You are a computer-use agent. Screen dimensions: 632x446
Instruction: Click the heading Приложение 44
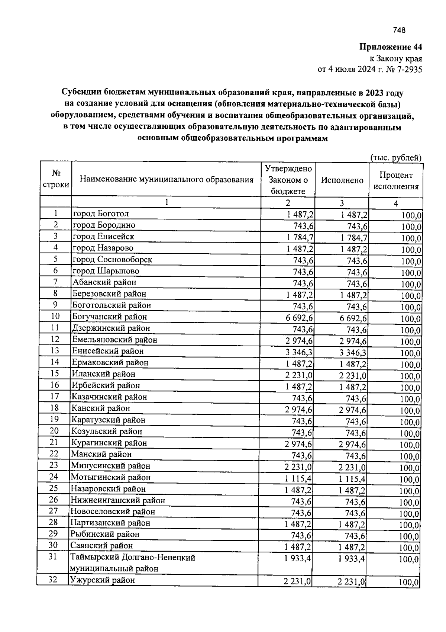(390, 47)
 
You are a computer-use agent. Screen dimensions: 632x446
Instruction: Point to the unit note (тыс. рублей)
(395, 158)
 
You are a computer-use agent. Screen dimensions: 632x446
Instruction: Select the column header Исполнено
(342, 180)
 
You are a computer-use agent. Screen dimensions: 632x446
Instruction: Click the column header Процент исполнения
(396, 181)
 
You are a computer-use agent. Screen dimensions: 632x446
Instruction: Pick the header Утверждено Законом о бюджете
(288, 180)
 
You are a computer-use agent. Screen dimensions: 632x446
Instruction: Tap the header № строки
(56, 179)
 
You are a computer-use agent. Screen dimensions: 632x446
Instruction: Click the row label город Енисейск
(103, 237)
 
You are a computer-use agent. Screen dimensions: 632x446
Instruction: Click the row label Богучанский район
(110, 317)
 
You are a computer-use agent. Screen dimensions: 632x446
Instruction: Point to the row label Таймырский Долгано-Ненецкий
(133, 558)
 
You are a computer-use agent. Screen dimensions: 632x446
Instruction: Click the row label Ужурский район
(103, 580)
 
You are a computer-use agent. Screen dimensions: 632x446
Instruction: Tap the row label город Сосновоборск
(112, 260)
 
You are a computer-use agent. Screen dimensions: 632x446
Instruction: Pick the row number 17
(55, 397)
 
